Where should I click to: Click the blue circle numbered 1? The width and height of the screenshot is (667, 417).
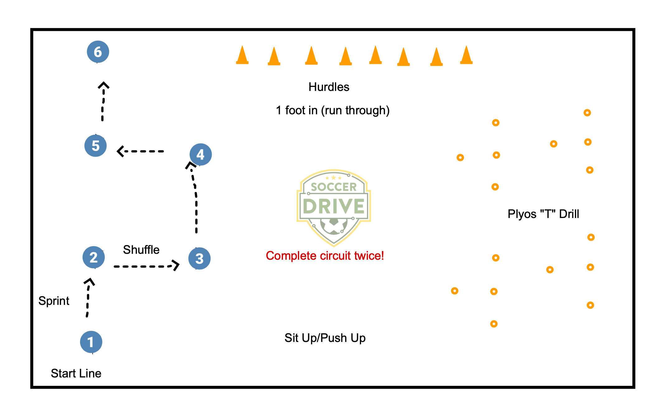tap(91, 342)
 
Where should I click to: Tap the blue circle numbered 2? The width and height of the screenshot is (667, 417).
tap(94, 257)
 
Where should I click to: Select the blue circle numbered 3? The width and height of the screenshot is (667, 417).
tap(200, 258)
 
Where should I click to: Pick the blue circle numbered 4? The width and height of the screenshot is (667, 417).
tap(201, 154)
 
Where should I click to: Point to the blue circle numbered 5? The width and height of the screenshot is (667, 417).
tap(96, 145)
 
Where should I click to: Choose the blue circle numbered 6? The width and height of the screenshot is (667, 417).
tap(98, 52)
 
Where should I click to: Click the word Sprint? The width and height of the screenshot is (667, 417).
tap(54, 301)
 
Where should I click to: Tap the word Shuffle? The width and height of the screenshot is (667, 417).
tap(141, 250)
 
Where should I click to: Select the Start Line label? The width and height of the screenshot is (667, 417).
tap(76, 373)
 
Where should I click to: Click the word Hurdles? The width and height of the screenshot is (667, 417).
tap(329, 87)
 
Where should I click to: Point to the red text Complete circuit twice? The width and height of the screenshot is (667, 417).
tap(325, 256)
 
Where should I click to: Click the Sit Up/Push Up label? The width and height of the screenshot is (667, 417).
tap(325, 338)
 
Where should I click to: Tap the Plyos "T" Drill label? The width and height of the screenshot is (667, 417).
tap(543, 214)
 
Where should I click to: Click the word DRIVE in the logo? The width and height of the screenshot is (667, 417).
tap(334, 206)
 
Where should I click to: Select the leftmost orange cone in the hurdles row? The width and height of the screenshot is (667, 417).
tap(242, 55)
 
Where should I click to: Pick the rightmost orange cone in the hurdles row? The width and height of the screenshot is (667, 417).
tap(466, 55)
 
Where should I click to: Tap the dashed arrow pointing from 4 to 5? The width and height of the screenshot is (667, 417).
tap(141, 151)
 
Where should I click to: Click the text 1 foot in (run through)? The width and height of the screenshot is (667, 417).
tap(333, 110)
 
